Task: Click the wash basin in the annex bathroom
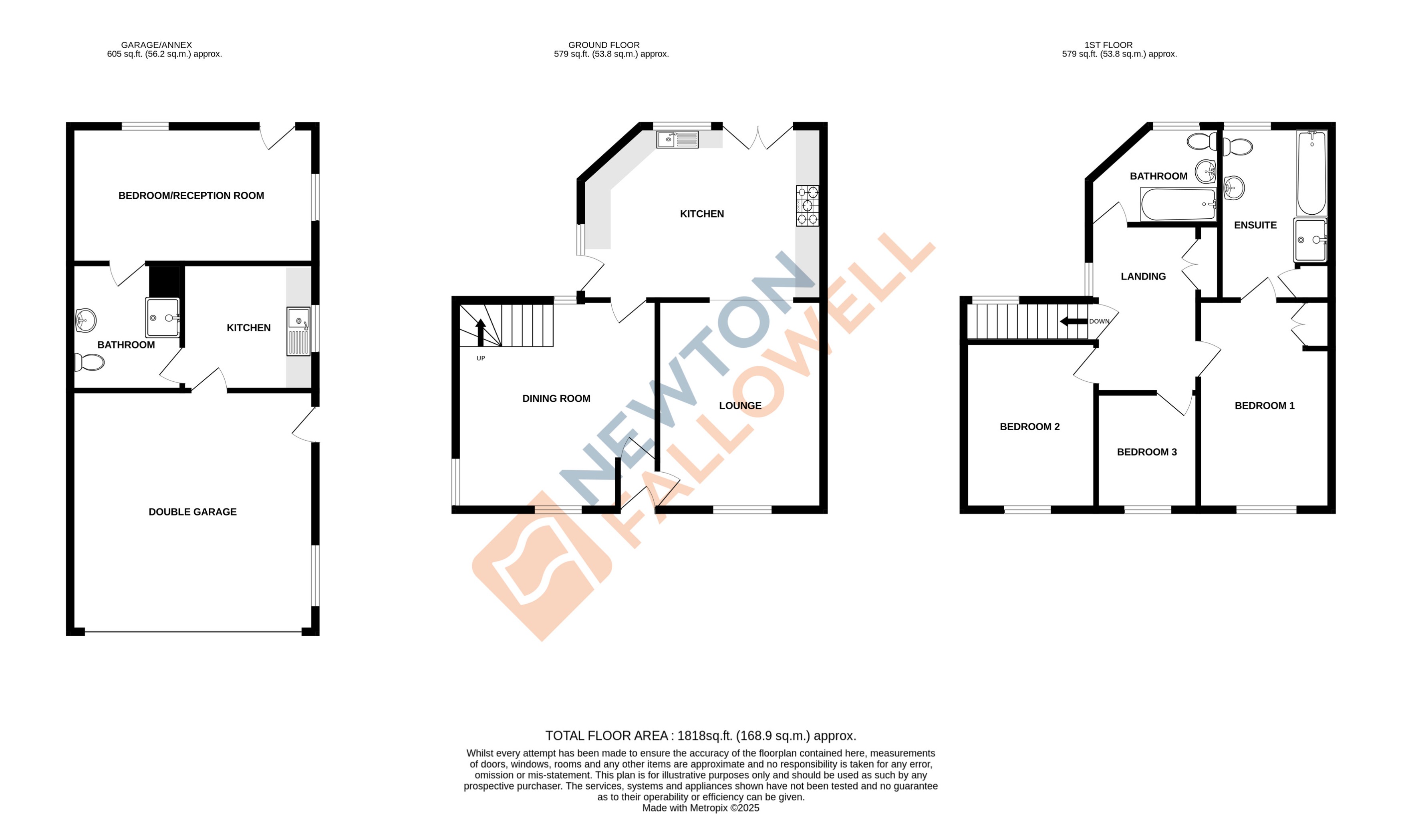86,320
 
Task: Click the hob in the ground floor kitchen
807,206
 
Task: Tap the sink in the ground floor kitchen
677,139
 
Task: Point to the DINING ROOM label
556,398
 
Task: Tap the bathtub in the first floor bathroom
1178,204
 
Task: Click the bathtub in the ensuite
1311,173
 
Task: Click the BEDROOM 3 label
1146,452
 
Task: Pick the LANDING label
1143,276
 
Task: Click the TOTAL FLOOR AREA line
701,735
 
